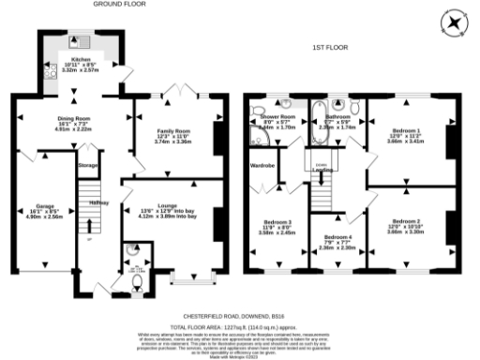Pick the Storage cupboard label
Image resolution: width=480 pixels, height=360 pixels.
[88, 166]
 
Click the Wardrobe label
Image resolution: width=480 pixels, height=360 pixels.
[262, 166]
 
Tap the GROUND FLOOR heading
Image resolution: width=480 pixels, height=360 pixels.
[125, 5]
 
